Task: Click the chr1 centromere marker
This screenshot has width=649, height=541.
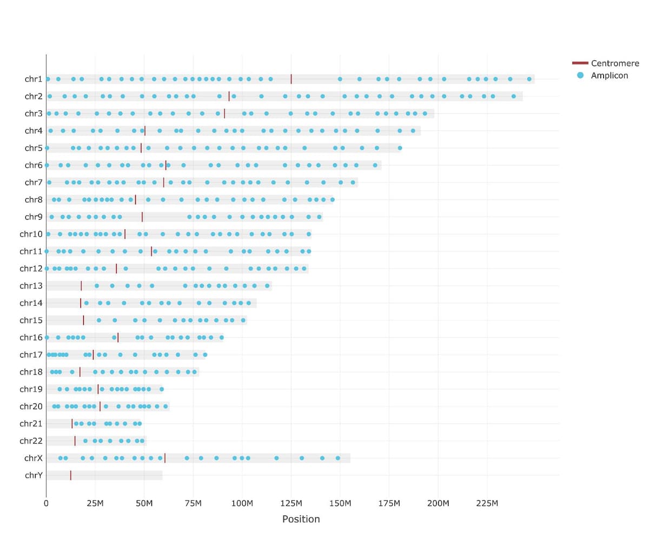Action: click(x=291, y=79)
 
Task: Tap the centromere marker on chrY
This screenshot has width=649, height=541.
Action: click(x=70, y=476)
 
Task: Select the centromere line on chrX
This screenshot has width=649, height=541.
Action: click(x=164, y=458)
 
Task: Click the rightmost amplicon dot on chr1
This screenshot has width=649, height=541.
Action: click(x=529, y=79)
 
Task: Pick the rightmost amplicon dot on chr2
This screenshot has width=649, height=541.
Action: click(x=513, y=96)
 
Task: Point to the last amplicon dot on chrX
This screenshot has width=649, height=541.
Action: click(x=338, y=458)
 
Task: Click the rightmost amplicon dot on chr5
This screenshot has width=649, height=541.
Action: click(x=400, y=148)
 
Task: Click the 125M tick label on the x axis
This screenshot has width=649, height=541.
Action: click(x=291, y=504)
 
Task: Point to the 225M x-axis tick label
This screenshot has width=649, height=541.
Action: click(x=487, y=504)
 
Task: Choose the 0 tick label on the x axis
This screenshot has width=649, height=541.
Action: click(x=46, y=504)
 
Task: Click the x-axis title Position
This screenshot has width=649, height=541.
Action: click(x=301, y=519)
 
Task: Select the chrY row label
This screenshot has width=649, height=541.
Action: click(x=33, y=476)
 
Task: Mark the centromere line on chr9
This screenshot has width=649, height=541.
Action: click(x=142, y=217)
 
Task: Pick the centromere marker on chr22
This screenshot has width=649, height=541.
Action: click(x=75, y=441)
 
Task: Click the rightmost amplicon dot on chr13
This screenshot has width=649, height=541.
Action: click(x=267, y=286)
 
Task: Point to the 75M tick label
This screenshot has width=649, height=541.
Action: click(x=193, y=504)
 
